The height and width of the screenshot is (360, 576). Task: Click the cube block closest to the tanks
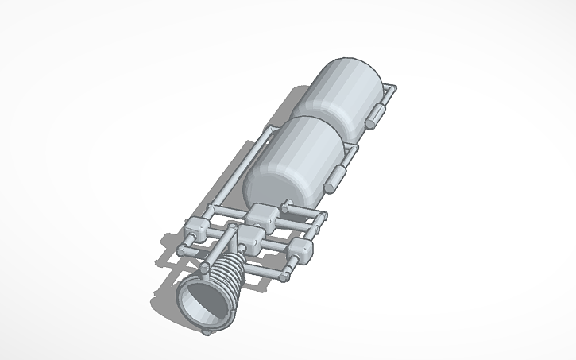[x=262, y=215]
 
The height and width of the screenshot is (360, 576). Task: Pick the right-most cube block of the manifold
[x=301, y=252]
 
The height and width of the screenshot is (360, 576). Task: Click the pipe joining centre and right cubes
[x=277, y=246]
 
